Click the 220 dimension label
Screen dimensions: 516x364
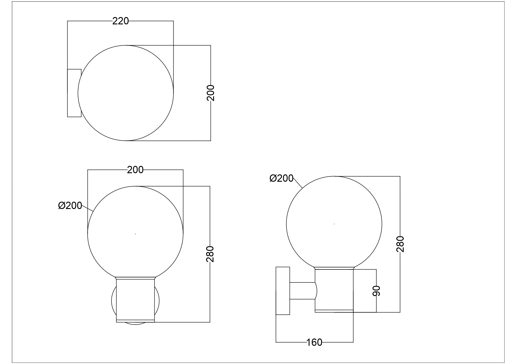pyautogui.click(x=121, y=21)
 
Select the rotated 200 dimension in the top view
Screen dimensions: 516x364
pyautogui.click(x=211, y=93)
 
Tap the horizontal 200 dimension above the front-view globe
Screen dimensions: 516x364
pyautogui.click(x=135, y=170)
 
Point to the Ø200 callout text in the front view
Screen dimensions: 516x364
pyautogui.click(x=70, y=205)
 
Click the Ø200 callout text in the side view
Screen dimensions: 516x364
pyautogui.click(x=282, y=178)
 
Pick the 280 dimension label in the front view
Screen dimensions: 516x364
pyautogui.click(x=210, y=254)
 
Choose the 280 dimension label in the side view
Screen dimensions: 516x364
pyautogui.click(x=400, y=244)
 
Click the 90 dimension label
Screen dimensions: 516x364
pyautogui.click(x=376, y=291)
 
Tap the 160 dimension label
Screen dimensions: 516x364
pyautogui.click(x=314, y=342)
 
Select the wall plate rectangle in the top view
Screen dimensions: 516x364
pyautogui.click(x=74, y=93)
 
